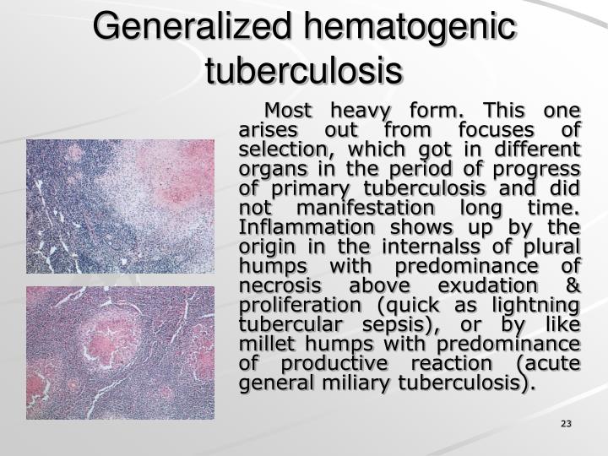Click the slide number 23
[566, 423]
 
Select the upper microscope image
[120, 206]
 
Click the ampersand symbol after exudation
[573, 285]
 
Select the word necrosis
[281, 285]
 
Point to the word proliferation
[294, 305]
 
